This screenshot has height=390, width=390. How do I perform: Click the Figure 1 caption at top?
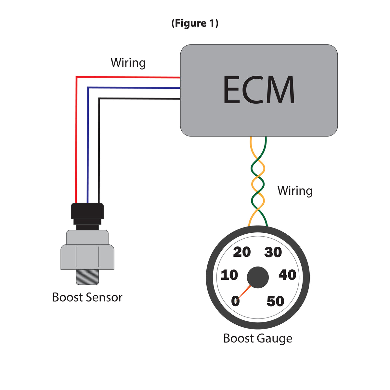pyautogui.click(x=195, y=23)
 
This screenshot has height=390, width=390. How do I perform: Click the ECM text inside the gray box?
pyautogui.click(x=259, y=90)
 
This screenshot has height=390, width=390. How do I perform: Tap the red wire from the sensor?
pyautogui.click(x=76, y=136)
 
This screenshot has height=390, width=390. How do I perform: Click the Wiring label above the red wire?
pyautogui.click(x=128, y=62)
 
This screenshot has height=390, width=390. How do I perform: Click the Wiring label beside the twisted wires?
pyautogui.click(x=295, y=190)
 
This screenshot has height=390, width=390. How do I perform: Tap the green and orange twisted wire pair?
pyautogui.click(x=258, y=182)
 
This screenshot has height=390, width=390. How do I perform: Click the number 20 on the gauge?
pyautogui.click(x=242, y=252)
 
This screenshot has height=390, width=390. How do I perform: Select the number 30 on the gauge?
pyautogui.click(x=273, y=253)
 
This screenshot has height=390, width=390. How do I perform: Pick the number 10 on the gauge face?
pyautogui.click(x=229, y=275)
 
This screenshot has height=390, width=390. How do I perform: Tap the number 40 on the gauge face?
pyautogui.click(x=287, y=275)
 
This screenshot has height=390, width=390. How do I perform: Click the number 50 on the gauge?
pyautogui.click(x=275, y=302)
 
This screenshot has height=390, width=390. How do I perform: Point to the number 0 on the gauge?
pyautogui.click(x=235, y=302)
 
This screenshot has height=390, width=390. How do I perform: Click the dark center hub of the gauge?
pyautogui.click(x=258, y=277)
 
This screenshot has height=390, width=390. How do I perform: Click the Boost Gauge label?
pyautogui.click(x=258, y=339)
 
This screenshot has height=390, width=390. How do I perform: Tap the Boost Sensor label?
pyautogui.click(x=87, y=297)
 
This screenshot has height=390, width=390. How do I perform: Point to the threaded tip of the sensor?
pyautogui.click(x=87, y=277)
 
